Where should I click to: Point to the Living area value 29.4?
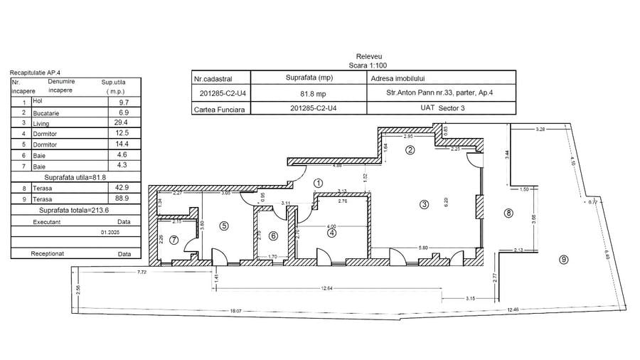point(124,122)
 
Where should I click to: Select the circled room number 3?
point(425,205)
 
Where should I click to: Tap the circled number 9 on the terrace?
point(563,260)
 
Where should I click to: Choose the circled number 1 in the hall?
point(318,183)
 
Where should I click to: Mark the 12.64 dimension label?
point(328,288)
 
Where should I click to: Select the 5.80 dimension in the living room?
point(424,247)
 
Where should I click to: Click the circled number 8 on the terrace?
point(508,212)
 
